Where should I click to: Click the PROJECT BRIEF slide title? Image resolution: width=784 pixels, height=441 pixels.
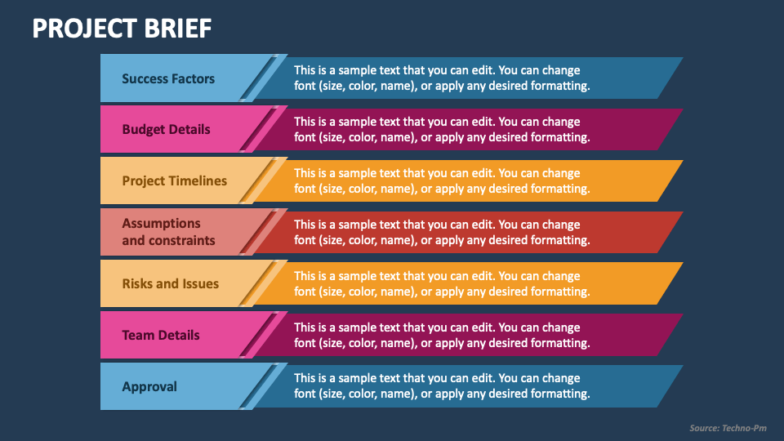pyautogui.click(x=122, y=29)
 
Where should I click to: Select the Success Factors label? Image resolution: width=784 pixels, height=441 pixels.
pyautogui.click(x=168, y=78)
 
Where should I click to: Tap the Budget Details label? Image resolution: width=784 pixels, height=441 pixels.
pyautogui.click(x=166, y=129)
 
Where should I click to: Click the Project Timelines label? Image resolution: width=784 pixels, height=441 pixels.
pyautogui.click(x=175, y=180)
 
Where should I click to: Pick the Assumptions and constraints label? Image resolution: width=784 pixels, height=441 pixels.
pyautogui.click(x=168, y=232)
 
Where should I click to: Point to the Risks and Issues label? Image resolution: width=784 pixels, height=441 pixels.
pyautogui.click(x=171, y=283)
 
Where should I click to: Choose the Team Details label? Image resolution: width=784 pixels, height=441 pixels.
pyautogui.click(x=161, y=335)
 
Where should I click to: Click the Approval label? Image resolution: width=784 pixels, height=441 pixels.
pyautogui.click(x=149, y=386)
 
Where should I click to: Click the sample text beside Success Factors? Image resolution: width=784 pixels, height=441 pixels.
pyautogui.click(x=442, y=78)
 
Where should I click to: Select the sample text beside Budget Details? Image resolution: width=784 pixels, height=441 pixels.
pyautogui.click(x=442, y=129)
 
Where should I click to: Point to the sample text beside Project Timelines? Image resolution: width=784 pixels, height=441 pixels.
pyautogui.click(x=442, y=180)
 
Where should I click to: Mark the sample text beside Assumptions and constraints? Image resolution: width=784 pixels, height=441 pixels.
pyautogui.click(x=442, y=232)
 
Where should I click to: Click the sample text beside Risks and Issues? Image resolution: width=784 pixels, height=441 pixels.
pyautogui.click(x=442, y=283)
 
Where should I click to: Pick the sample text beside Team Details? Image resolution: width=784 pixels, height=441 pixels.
pyautogui.click(x=442, y=335)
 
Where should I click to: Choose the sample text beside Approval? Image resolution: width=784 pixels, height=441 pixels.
pyautogui.click(x=442, y=386)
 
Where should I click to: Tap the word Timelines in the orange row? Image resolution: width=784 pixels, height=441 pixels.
pyautogui.click(x=198, y=180)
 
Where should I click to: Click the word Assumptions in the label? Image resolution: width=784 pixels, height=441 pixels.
pyautogui.click(x=161, y=223)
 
